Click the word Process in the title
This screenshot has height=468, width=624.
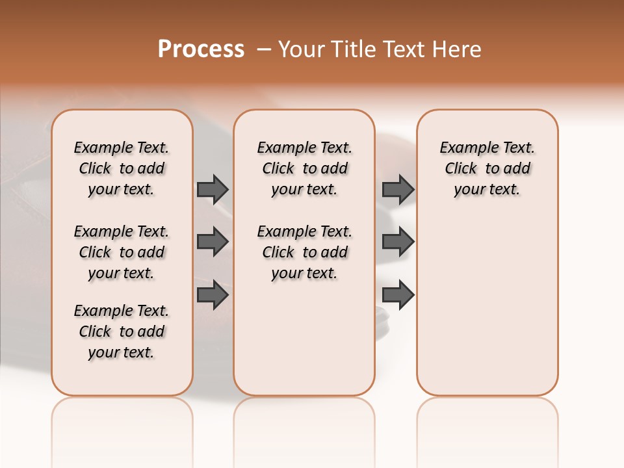(x=201, y=49)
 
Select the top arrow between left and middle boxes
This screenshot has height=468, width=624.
(x=213, y=189)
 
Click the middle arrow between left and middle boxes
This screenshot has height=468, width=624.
(x=213, y=242)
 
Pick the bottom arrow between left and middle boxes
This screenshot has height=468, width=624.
(x=213, y=294)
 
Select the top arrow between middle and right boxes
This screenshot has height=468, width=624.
(x=398, y=189)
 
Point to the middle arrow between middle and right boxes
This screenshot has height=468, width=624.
(x=398, y=242)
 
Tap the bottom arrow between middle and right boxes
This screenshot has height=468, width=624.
(x=398, y=294)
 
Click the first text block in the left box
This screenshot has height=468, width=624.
(x=122, y=168)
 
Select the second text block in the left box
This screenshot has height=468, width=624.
(x=122, y=252)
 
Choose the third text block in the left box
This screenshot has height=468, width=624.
(x=122, y=331)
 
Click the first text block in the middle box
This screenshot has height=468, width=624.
(x=304, y=168)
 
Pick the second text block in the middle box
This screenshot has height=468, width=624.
(x=304, y=252)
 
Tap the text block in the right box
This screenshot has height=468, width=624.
(x=487, y=168)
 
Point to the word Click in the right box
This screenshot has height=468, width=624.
(x=461, y=168)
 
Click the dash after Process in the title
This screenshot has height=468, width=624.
(x=264, y=49)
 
